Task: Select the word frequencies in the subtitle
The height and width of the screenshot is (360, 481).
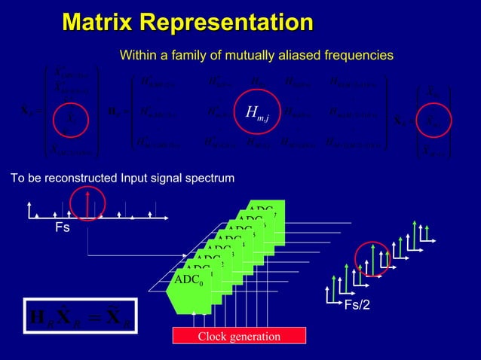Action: tap(357, 55)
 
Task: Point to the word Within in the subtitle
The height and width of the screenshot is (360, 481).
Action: tap(139, 55)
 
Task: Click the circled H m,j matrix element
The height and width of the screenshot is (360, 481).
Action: tap(258, 114)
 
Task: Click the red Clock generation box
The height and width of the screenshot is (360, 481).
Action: tap(239, 336)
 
